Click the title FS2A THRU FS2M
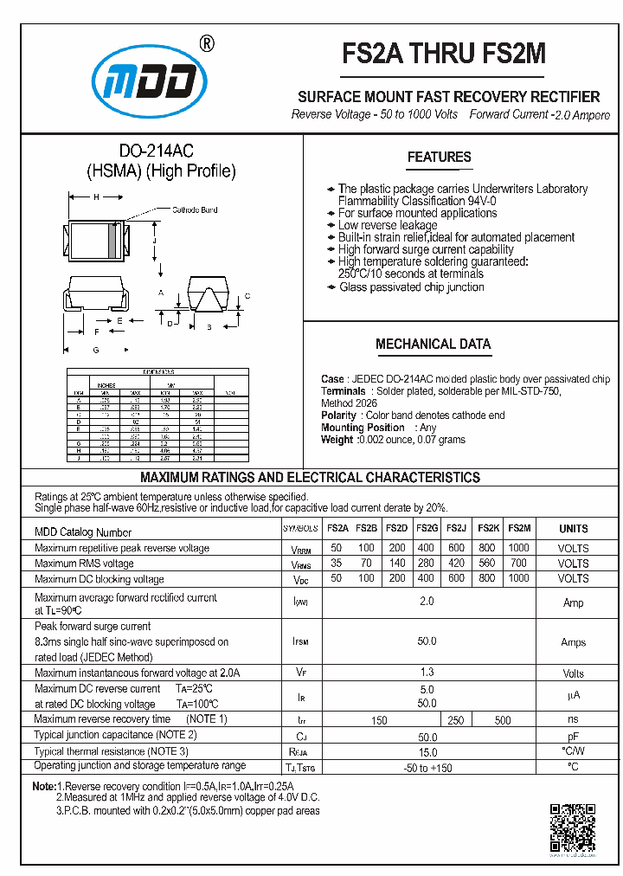[445, 54]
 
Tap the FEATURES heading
[439, 157]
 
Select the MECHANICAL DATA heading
[433, 344]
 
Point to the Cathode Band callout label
[195, 210]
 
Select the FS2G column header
[427, 529]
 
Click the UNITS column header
[573, 529]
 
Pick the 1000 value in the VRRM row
[518, 548]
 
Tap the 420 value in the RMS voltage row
[457, 564]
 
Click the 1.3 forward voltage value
[427, 673]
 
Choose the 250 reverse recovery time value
[456, 720]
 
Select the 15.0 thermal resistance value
[427, 752]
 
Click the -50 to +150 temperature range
[427, 768]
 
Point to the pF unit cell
[573, 736]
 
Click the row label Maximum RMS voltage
[84, 564]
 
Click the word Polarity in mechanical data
[338, 415]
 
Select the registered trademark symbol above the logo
[207, 44]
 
